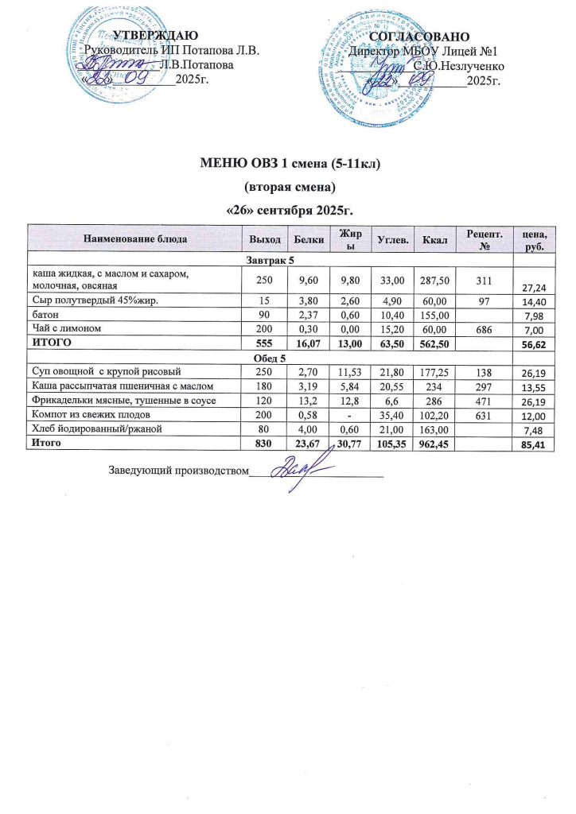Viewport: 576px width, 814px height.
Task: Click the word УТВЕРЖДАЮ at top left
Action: pos(151,35)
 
